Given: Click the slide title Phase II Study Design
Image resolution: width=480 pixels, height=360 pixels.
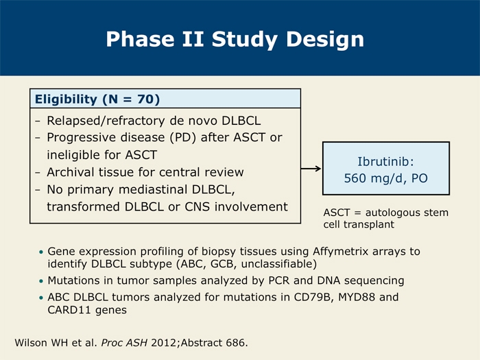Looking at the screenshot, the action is coord(235,40).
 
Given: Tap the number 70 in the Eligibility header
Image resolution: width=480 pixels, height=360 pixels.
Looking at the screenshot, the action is coord(145,99).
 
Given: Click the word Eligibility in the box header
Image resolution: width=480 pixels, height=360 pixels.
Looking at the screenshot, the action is coord(66,99).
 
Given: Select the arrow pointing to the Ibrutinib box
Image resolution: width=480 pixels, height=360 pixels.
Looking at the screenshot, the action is coord(311,169).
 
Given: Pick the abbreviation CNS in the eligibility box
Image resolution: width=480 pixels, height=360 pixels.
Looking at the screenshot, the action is coord(197,207).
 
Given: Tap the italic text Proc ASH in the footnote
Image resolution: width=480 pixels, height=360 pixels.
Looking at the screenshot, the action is coord(124,343).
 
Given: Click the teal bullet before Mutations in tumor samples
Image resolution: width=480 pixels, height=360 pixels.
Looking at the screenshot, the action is coord(41,281).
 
